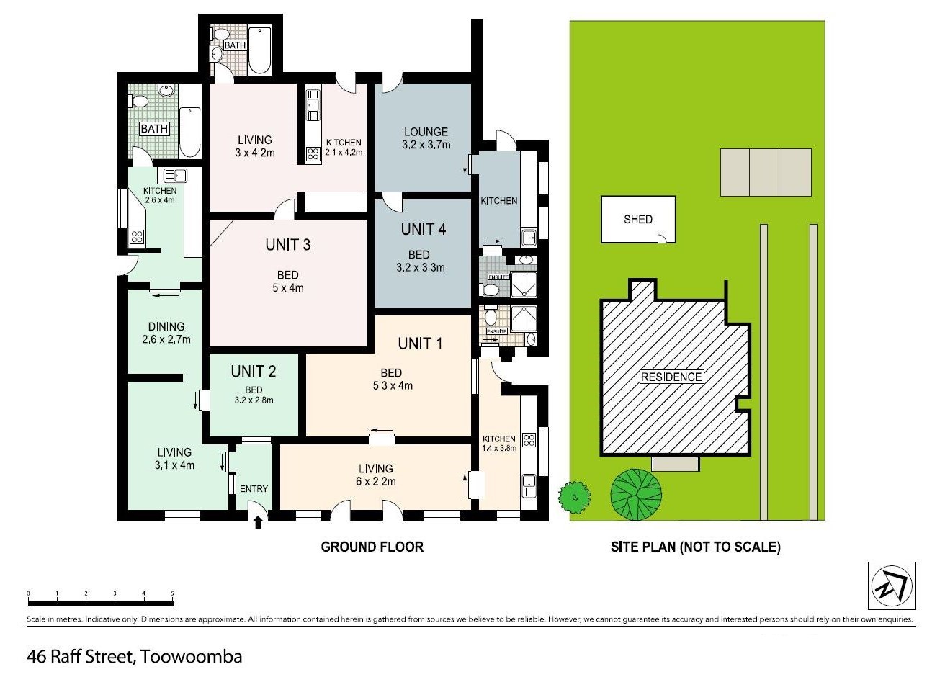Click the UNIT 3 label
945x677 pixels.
coord(287,245)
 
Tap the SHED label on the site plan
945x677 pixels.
coord(638,220)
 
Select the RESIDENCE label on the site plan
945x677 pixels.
coord(671,377)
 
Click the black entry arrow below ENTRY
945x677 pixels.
coord(258,523)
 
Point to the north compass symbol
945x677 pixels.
coord(892,586)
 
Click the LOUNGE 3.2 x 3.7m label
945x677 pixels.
coord(426,138)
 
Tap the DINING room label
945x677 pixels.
coord(166,333)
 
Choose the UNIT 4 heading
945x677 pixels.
coord(423,230)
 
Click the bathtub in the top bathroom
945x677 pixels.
coord(259,50)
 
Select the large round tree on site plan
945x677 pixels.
coord(636,494)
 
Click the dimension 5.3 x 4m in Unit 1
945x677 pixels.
coord(393,385)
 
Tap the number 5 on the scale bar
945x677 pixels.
coord(173,593)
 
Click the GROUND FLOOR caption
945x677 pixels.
coord(372,547)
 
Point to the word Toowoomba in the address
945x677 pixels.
coord(191,657)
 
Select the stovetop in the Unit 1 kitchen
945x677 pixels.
coord(529,440)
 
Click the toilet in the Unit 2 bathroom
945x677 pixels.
coord(139,102)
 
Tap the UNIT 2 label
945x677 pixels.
coord(253,372)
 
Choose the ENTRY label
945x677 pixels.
coord(254,488)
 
